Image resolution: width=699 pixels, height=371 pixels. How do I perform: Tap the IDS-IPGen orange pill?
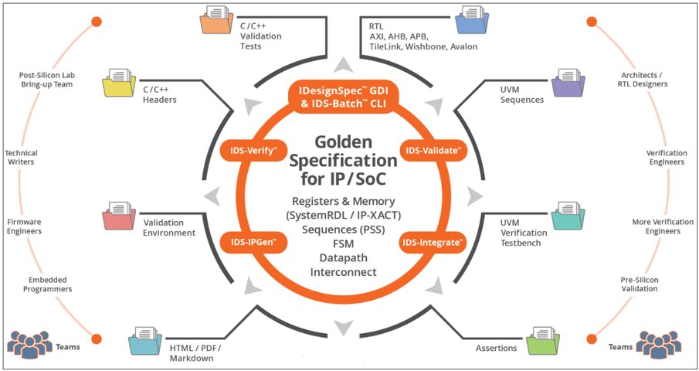click(243, 242)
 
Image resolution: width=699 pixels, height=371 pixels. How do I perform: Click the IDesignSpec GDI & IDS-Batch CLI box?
click(338, 98)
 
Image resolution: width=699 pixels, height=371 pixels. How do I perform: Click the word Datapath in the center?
click(338, 258)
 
